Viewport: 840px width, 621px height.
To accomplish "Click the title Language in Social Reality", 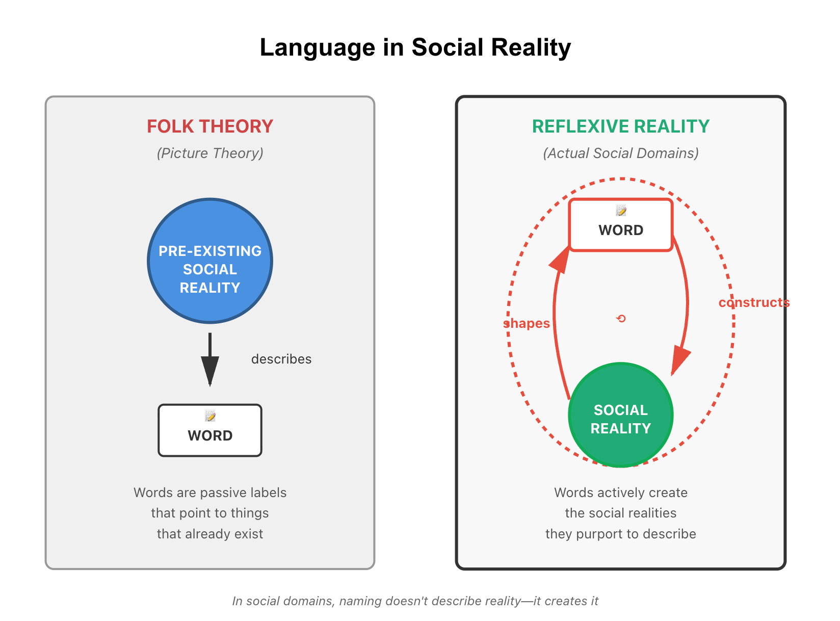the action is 415,47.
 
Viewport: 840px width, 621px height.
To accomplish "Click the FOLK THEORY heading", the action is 210,126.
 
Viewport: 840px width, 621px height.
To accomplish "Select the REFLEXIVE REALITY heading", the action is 620,126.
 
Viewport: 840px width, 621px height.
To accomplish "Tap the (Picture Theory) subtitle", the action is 210,153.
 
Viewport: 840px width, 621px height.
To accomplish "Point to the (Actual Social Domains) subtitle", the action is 620,153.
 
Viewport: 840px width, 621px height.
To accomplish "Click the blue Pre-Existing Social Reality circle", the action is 210,261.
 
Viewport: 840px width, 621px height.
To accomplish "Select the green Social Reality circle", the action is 620,415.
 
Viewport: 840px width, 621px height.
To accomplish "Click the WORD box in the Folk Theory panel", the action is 210,430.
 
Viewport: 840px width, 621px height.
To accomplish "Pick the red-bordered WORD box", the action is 620,225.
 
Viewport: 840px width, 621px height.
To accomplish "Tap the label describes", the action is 281,359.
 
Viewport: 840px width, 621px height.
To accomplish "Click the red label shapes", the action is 527,323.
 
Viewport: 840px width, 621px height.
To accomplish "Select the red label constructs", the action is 754,302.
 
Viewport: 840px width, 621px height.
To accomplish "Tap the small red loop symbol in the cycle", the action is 621,319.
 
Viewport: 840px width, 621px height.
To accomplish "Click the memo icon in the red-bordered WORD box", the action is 621,211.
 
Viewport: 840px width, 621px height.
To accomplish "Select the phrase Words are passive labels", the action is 210,493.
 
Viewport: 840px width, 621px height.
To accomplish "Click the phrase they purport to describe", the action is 620,534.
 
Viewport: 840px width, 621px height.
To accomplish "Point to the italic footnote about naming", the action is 415,601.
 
